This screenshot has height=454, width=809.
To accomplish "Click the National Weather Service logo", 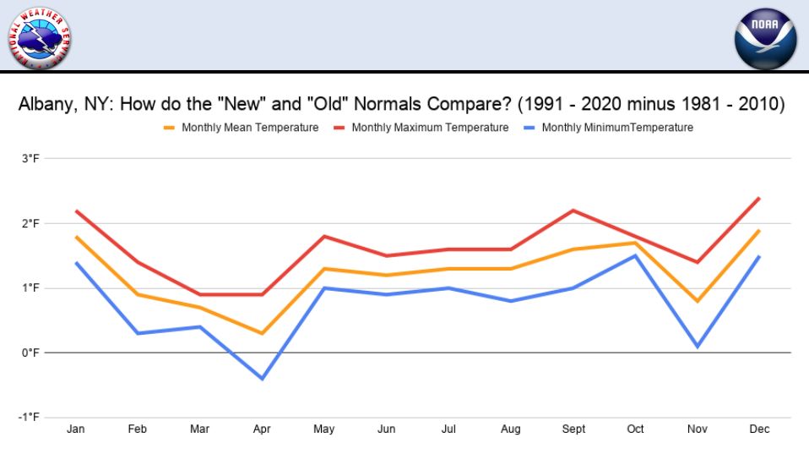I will pos(39,37).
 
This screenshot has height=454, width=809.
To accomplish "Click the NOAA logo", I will pos(765,40).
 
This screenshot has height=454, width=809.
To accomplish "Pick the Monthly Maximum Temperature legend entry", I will pos(430,128).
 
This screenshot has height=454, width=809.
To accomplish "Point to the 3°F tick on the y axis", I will pos(30,159).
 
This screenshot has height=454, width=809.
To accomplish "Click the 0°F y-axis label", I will pos(30,353).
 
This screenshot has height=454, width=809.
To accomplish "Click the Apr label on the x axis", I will pos(261,429).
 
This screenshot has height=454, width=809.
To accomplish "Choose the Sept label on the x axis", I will pos(573,429).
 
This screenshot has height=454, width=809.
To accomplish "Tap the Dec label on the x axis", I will pos(760,429).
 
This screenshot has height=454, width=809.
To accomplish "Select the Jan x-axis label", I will pos(74,429).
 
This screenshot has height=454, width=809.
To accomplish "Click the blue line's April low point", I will pos(262,378).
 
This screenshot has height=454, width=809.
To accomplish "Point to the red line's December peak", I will pos(760,198).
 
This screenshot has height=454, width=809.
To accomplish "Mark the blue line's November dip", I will pos(698,346).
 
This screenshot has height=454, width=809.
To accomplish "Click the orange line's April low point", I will pos(262,333).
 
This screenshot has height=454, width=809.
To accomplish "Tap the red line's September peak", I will pos(573,211).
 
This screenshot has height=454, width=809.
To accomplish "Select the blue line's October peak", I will pos(636,255).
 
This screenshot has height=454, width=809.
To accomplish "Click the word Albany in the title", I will pos(45,105).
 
